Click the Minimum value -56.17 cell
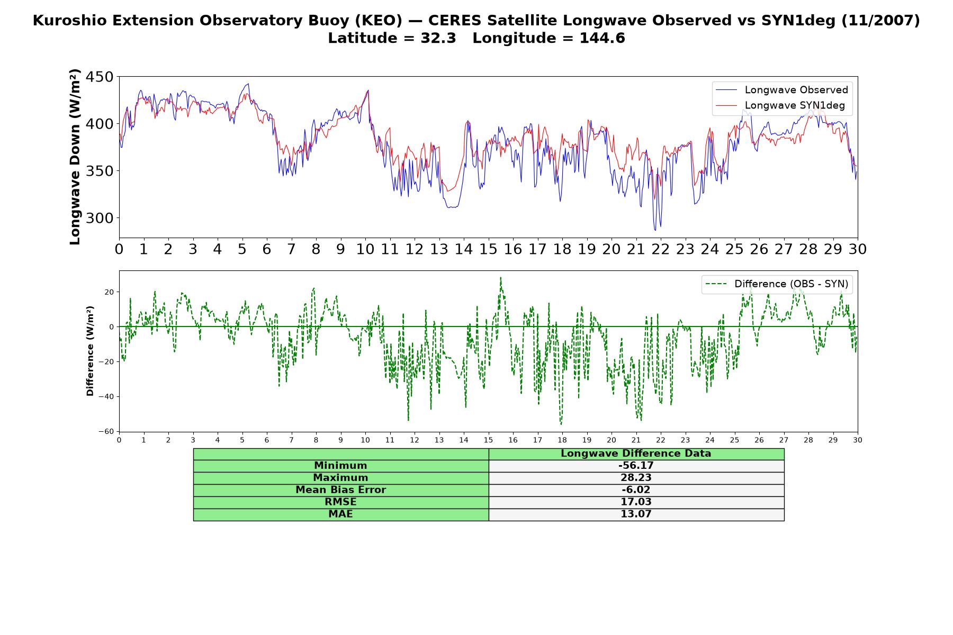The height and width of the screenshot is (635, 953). pyautogui.click(x=636, y=466)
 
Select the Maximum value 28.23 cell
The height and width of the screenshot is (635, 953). pyautogui.click(x=636, y=478)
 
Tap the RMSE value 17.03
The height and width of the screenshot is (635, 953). pyautogui.click(x=636, y=502)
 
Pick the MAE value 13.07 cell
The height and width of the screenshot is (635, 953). pyautogui.click(x=636, y=514)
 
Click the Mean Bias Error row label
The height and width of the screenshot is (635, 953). pyautogui.click(x=340, y=490)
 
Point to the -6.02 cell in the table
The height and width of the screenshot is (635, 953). pyautogui.click(x=636, y=490)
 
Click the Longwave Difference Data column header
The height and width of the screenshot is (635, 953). pyautogui.click(x=636, y=453)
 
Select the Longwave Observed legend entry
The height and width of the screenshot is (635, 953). pyautogui.click(x=782, y=90)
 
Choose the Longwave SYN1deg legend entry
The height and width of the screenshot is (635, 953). pyautogui.click(x=780, y=105)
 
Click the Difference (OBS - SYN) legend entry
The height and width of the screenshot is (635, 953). pyautogui.click(x=777, y=284)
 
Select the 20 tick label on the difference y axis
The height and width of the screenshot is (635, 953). pyautogui.click(x=109, y=292)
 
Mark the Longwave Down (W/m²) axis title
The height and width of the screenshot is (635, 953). pyautogui.click(x=75, y=157)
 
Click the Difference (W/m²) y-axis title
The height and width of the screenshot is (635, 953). pyautogui.click(x=90, y=351)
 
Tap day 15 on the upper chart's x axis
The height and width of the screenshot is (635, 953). pyautogui.click(x=488, y=249)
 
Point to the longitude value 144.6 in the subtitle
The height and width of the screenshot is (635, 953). pyautogui.click(x=602, y=38)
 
